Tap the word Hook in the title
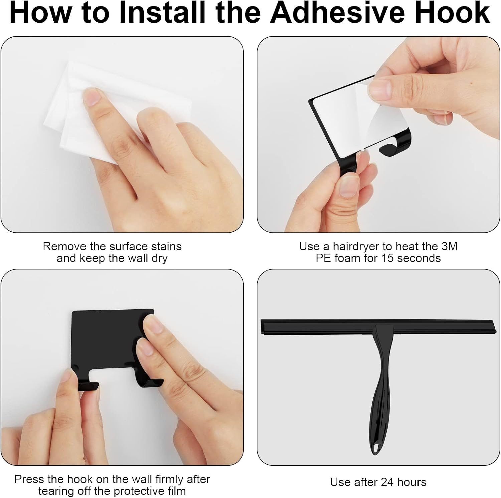(x=452, y=13)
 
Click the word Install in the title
(x=162, y=13)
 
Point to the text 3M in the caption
(x=449, y=246)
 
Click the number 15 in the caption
(x=388, y=258)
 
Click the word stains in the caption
(x=166, y=247)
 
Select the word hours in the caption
(x=411, y=482)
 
